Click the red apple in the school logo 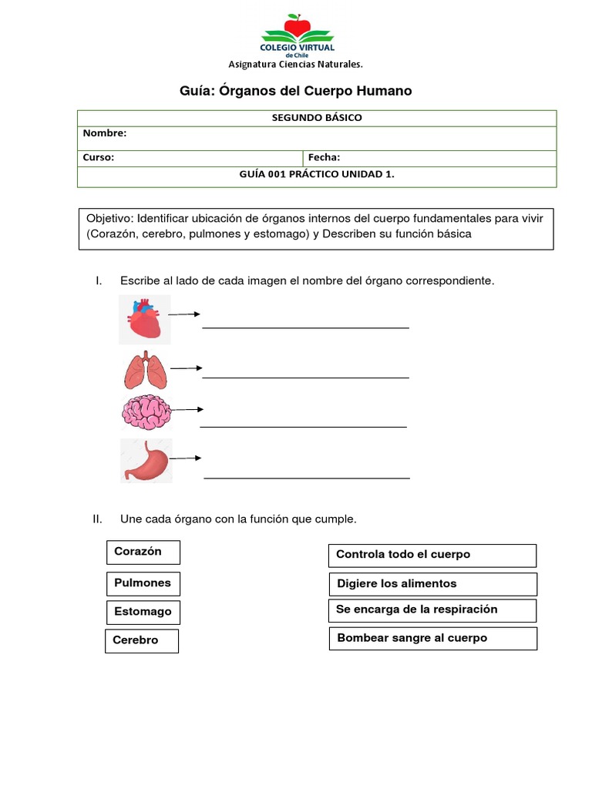(297, 26)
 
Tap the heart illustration (145, 319)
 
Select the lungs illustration (145, 371)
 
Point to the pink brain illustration (145, 412)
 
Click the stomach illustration (146, 461)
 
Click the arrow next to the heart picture (185, 314)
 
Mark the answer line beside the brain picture (303, 426)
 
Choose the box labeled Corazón (143, 552)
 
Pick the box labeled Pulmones (143, 584)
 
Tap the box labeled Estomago (143, 613)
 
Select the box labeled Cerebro (142, 641)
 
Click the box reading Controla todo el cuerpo (432, 556)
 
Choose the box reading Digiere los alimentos (432, 584)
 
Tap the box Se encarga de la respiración (432, 610)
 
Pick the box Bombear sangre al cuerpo (432, 639)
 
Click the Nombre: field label (105, 133)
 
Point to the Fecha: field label (324, 158)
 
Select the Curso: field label (99, 158)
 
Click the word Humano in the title (383, 91)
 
